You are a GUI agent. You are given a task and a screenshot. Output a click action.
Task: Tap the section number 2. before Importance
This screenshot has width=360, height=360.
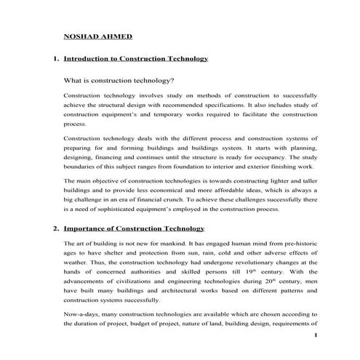56,228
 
